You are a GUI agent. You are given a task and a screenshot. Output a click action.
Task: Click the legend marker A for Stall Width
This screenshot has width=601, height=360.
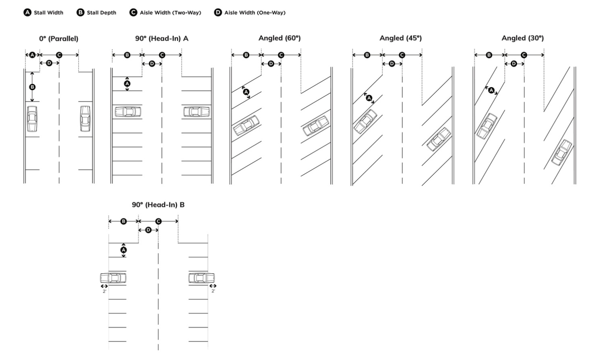[x=27, y=12]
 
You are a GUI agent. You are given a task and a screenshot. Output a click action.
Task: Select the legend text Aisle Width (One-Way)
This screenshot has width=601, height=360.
[x=255, y=12]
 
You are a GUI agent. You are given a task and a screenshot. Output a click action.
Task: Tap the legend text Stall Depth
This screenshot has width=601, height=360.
[x=101, y=12]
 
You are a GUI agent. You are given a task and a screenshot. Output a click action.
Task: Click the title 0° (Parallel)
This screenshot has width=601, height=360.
[x=58, y=39]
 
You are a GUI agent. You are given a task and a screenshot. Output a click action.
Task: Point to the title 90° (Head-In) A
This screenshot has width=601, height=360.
[x=162, y=39]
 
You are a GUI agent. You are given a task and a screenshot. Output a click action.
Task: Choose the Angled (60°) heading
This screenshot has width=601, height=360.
[x=280, y=38]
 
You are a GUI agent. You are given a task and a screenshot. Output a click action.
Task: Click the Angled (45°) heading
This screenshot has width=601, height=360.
[x=401, y=38]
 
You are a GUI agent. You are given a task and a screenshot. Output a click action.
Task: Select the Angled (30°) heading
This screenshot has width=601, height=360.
[x=523, y=38]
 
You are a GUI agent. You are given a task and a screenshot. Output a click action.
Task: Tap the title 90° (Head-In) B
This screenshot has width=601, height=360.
[x=158, y=205]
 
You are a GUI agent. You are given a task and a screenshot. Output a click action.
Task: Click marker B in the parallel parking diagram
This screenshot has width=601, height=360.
[x=32, y=87]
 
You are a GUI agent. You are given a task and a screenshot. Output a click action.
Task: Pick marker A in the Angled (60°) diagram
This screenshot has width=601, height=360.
[x=246, y=92]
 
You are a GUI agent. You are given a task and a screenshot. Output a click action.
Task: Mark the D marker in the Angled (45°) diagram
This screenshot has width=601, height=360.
[x=392, y=64]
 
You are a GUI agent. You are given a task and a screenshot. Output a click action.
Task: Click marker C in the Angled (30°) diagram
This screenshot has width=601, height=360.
[x=524, y=55]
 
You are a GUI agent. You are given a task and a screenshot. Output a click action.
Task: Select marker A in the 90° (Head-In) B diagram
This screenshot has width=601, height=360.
[x=124, y=250]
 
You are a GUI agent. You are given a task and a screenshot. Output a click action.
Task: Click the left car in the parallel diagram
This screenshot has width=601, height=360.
[x=32, y=119]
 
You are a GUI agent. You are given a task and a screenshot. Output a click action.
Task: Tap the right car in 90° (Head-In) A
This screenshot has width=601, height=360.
[x=196, y=112]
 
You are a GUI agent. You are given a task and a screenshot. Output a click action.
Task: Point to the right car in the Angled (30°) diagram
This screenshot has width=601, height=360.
[x=561, y=152]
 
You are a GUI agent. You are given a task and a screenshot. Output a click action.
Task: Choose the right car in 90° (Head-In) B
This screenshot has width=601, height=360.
[x=201, y=278]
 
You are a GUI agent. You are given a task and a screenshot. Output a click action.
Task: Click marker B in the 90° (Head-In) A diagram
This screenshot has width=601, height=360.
[x=127, y=55]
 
